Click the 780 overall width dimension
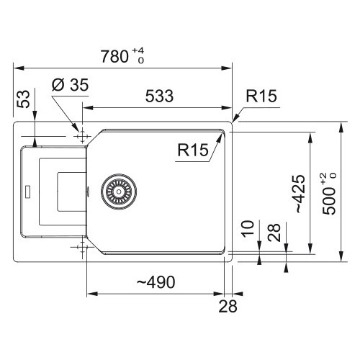pyautogui.click(x=114, y=57)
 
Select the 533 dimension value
pyautogui.click(x=159, y=96)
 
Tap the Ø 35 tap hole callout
pyautogui.click(x=71, y=85)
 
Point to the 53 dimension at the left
pyautogui.click(x=23, y=99)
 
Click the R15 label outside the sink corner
pyautogui.click(x=261, y=96)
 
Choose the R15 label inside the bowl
pyautogui.click(x=193, y=150)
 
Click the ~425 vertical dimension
pyautogui.click(x=300, y=194)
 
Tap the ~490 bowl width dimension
pyautogui.click(x=156, y=282)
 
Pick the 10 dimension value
pyautogui.click(x=248, y=228)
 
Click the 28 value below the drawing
pyautogui.click(x=228, y=306)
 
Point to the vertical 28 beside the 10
pyautogui.click(x=274, y=233)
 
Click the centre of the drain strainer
pyautogui.click(x=119, y=192)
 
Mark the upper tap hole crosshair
pyautogui.click(x=82, y=137)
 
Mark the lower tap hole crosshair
pyautogui.click(x=82, y=247)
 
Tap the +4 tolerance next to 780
pyautogui.click(x=138, y=51)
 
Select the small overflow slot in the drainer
pyautogui.click(x=28, y=192)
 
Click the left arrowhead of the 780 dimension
pyautogui.click(x=19, y=68)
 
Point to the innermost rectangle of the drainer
pyautogui.click(x=57, y=192)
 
